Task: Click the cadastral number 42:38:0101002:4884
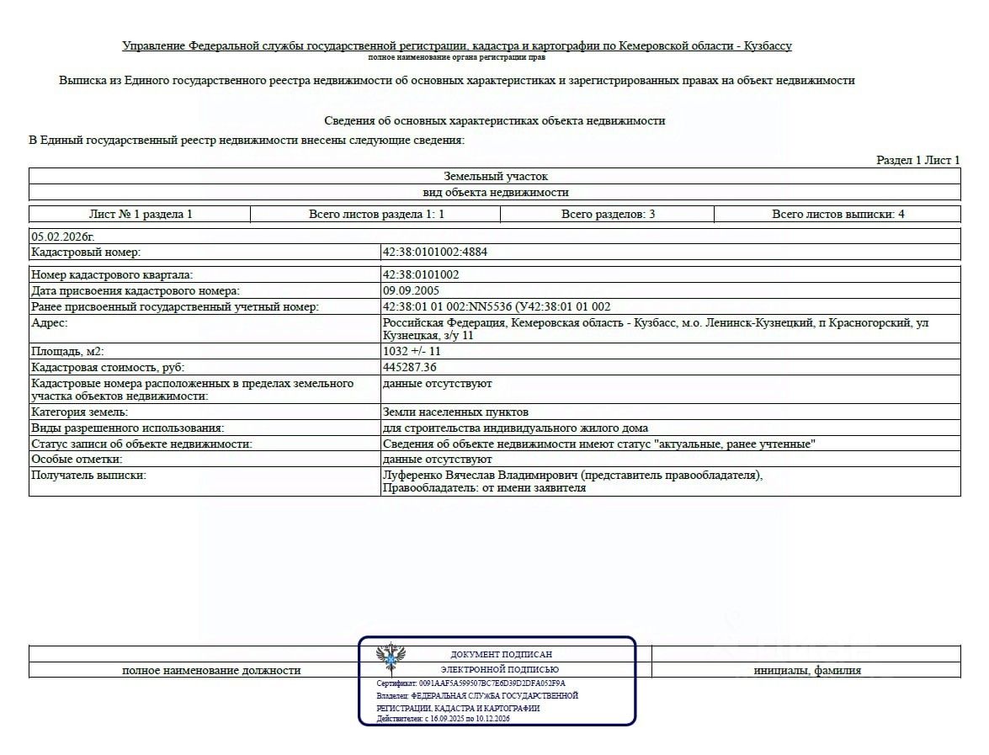point(434,252)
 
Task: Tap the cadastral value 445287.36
point(410,367)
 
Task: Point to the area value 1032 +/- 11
point(412,351)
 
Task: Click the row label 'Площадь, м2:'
point(67,351)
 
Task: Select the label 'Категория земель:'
point(79,412)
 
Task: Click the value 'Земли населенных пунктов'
point(455,412)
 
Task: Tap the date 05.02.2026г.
point(63,237)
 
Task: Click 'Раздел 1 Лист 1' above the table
point(917,160)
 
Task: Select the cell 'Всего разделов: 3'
point(608,214)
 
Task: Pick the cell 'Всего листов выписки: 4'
point(837,214)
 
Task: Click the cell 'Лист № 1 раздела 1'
point(141,214)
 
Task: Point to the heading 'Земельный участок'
point(495,177)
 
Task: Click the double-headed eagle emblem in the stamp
point(390,656)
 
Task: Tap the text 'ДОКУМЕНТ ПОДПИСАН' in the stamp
point(502,654)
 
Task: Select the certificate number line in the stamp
point(471,683)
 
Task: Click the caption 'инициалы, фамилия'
point(806,671)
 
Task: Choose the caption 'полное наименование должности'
point(211,671)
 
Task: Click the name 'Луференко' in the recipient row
point(412,476)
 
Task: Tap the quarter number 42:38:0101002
point(421,274)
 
